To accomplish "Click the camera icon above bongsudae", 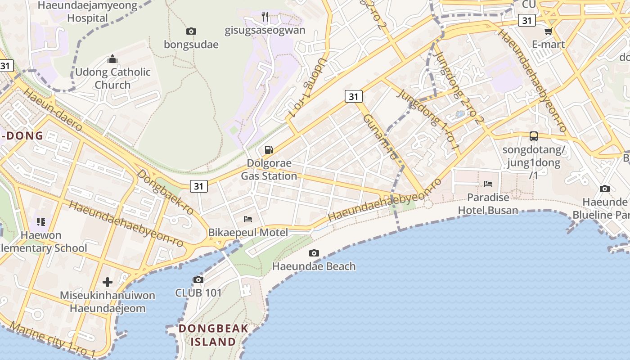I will (191, 31).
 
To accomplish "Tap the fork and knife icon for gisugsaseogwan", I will (265, 17).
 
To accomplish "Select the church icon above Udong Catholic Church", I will (112, 59).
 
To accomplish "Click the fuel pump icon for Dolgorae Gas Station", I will (269, 150).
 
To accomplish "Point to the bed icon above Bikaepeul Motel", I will (248, 219).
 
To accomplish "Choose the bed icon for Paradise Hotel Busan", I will (488, 184).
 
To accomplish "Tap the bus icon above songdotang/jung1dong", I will (534, 136).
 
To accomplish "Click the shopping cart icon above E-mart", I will (548, 31).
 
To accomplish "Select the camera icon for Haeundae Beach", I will (314, 253).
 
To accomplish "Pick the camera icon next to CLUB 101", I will (198, 279).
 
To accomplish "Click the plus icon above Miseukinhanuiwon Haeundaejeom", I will (108, 282).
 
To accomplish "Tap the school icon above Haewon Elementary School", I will (41, 221).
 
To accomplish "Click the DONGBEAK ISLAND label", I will (213, 335).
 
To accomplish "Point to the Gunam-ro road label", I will (381, 137).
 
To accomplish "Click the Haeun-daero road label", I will (53, 110).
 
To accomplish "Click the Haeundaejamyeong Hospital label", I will (88, 12).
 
